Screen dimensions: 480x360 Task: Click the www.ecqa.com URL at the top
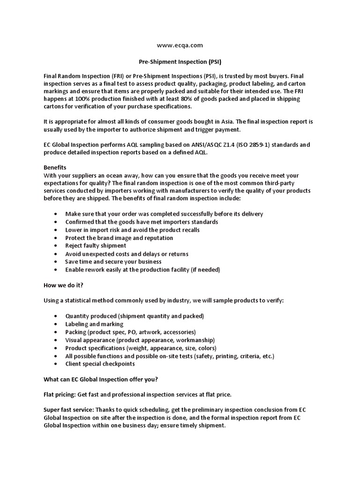coord(180,45)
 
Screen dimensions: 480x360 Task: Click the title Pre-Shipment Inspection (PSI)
coord(180,61)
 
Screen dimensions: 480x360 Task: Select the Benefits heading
coord(55,167)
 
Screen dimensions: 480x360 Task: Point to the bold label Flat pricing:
coord(60,395)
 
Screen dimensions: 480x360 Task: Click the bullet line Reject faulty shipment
coord(96,246)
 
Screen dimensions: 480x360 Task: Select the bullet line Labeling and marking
coord(94,324)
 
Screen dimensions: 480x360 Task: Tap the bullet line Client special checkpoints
coord(100,364)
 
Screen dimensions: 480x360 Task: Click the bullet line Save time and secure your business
coord(113,262)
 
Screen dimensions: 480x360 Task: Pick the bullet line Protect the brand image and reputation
coord(119,238)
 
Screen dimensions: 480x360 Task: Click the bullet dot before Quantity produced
coord(56,316)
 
